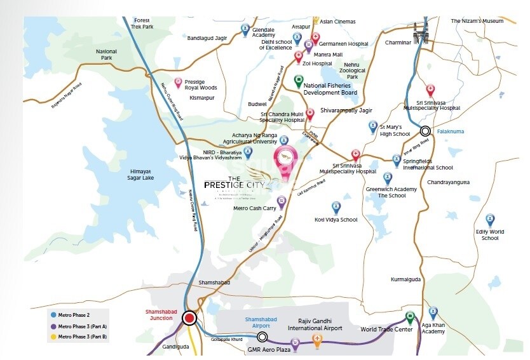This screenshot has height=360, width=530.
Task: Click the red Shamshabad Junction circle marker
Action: [x=189, y=319]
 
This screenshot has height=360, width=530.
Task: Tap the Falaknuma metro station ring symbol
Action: [x=425, y=131]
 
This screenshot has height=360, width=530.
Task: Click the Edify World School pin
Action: [x=490, y=220]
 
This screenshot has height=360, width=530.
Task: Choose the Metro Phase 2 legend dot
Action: [x=53, y=314]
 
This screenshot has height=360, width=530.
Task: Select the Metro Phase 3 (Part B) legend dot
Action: [x=53, y=336]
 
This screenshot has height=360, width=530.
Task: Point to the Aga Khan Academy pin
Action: [x=433, y=313]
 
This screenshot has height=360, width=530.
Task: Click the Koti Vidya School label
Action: [x=336, y=220]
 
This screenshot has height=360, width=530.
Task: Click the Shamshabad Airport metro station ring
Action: [x=262, y=338]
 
